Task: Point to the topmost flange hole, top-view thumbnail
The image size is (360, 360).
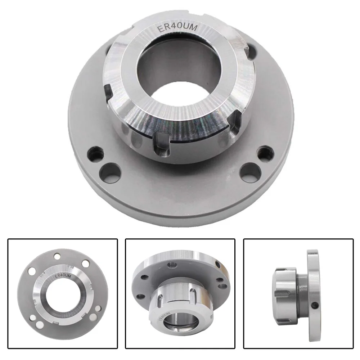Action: click(57, 257)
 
